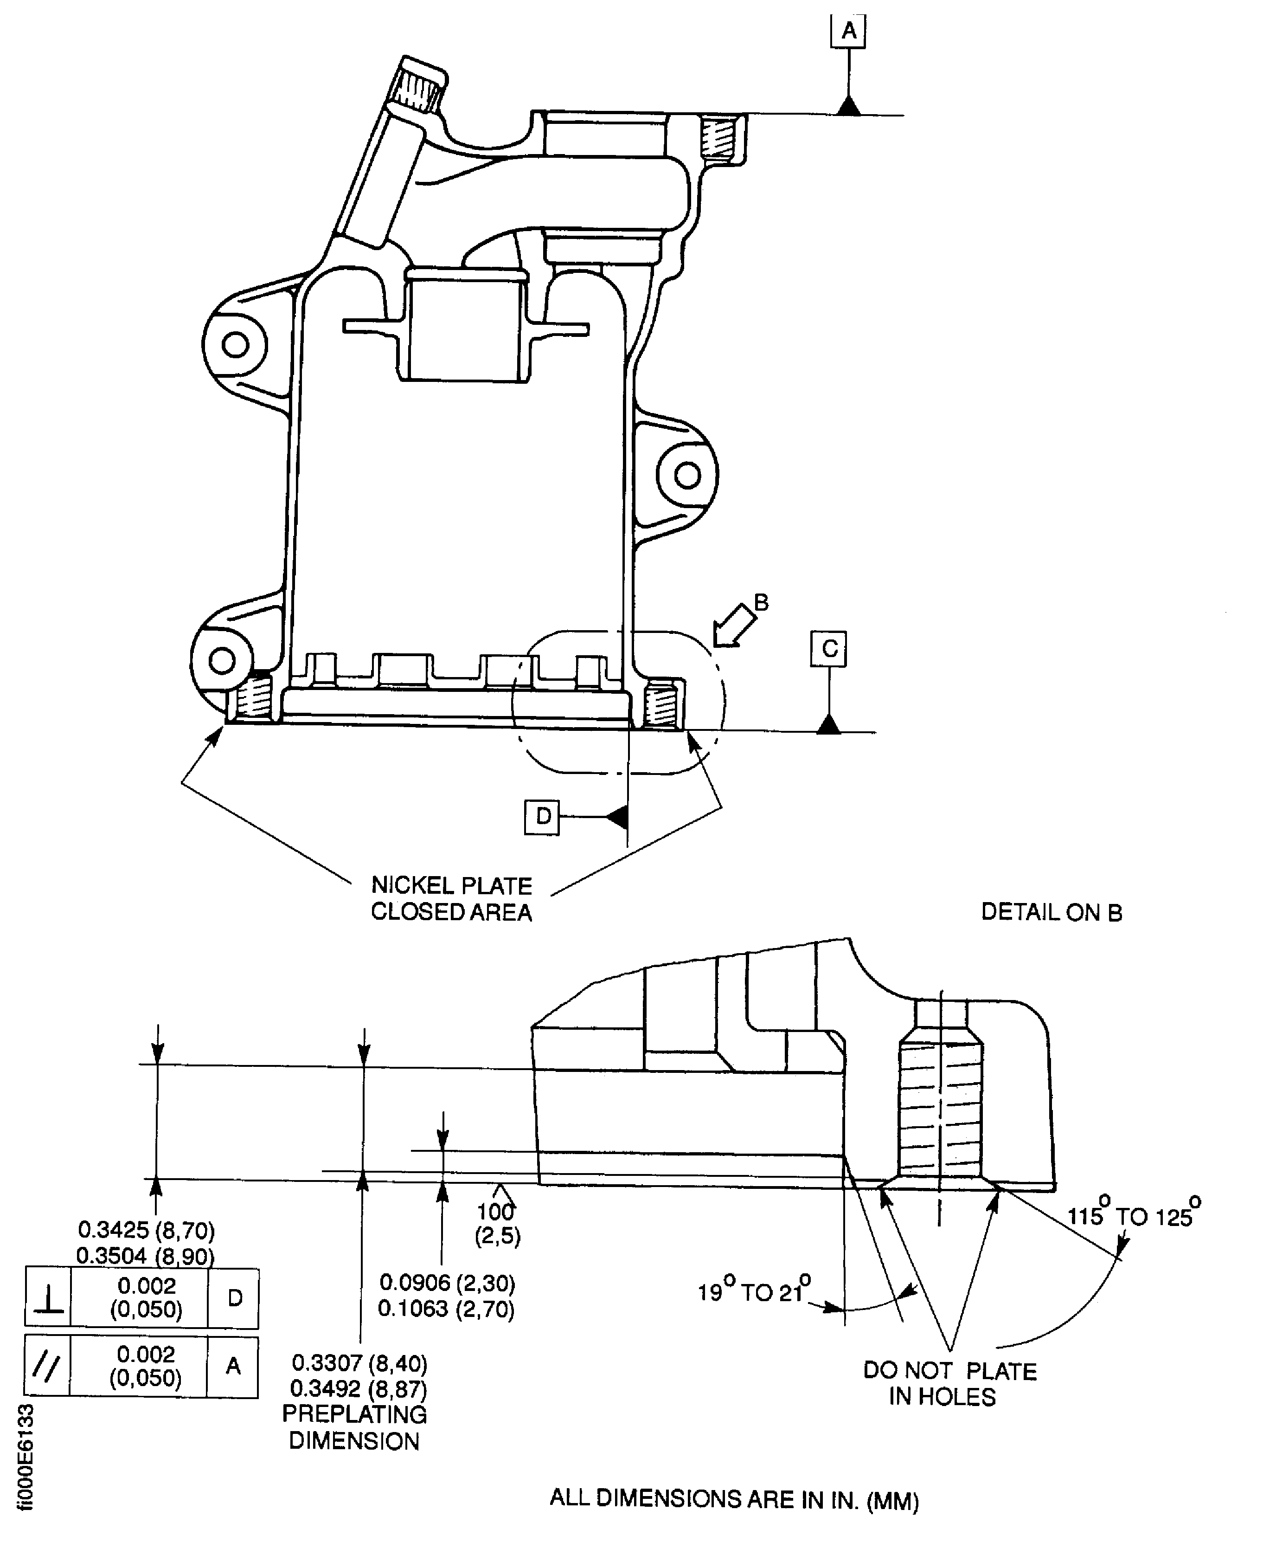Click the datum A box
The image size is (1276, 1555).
point(849,32)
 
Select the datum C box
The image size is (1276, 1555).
point(829,648)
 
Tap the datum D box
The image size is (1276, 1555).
point(542,816)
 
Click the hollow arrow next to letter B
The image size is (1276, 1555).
point(735,626)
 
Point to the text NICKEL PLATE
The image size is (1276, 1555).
point(451,885)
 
